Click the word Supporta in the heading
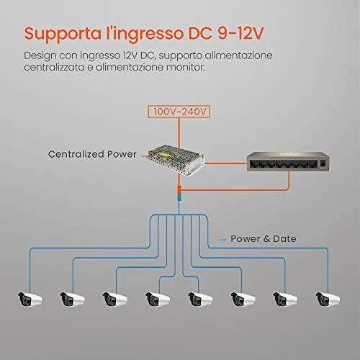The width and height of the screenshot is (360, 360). click(63, 35)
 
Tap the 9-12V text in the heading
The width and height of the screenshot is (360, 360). click(240, 33)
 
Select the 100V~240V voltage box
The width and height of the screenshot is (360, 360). click(179, 112)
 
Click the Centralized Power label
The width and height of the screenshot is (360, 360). click(92, 154)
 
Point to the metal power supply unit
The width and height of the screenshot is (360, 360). click(176, 160)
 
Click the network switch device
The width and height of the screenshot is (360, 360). click(287, 161)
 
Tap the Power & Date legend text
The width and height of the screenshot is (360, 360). click(264, 239)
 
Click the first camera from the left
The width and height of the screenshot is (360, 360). click(30, 299)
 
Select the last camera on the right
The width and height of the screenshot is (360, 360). click(328, 299)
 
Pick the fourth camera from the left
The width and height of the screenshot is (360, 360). click(158, 299)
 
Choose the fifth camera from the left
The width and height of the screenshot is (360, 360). click(200, 299)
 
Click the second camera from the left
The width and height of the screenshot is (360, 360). click(73, 299)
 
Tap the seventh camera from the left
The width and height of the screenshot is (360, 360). click(285, 299)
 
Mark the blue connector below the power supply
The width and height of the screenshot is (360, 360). click(179, 198)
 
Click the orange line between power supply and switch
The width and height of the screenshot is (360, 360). click(226, 163)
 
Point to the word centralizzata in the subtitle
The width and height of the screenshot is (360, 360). click(54, 67)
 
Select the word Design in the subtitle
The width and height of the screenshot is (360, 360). click(40, 56)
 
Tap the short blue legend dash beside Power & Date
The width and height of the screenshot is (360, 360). click(222, 240)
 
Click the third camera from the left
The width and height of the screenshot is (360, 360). click(114, 299)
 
